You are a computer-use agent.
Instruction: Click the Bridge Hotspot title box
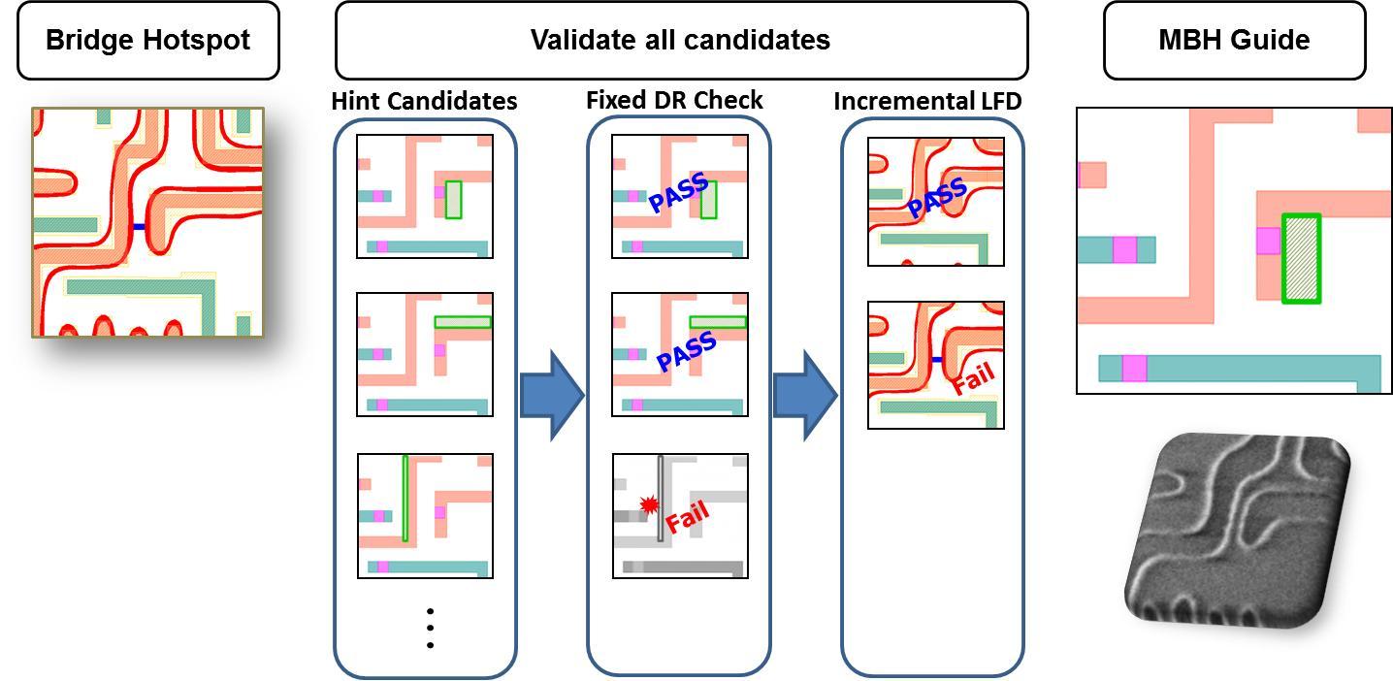tap(147, 40)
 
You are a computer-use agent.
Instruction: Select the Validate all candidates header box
tap(680, 40)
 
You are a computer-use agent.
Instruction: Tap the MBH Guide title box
tap(1234, 40)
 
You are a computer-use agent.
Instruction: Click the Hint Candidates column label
tap(424, 101)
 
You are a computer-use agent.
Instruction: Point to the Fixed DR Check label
tap(674, 100)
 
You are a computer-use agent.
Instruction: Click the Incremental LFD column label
tap(927, 100)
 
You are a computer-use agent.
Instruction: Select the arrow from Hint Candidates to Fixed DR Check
tap(552, 395)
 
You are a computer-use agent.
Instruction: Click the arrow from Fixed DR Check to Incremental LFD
tap(804, 395)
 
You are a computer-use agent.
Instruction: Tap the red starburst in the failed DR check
tap(649, 504)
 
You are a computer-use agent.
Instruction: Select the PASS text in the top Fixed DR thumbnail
tap(678, 191)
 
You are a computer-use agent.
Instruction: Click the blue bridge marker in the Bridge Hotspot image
tap(139, 227)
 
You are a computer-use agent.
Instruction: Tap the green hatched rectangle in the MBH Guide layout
tap(1301, 258)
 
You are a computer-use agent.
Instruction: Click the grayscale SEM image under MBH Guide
tap(1236, 529)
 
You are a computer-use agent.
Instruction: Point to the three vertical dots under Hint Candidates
tap(429, 628)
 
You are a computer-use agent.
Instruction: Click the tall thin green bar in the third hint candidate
tap(405, 498)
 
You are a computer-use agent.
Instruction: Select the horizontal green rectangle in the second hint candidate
tap(463, 322)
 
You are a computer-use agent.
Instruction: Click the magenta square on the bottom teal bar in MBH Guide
tap(1134, 369)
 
